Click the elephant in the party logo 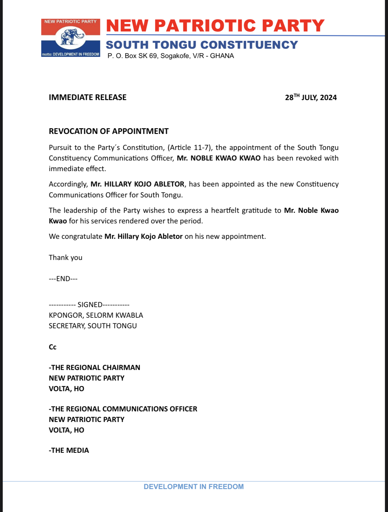(71, 37)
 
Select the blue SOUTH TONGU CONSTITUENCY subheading (202, 45)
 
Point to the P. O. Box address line (171, 56)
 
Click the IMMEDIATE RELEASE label (88, 97)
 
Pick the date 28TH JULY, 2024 (311, 97)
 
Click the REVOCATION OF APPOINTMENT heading (109, 131)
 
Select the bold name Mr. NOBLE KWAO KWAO (218, 158)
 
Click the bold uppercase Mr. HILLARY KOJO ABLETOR (137, 184)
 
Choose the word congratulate (82, 236)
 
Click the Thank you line (66, 258)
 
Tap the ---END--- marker (63, 279)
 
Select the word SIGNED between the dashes (90, 305)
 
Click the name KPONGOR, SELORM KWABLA (96, 315)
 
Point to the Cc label (53, 347)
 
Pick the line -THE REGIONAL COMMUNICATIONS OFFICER (123, 409)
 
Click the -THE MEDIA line (69, 450)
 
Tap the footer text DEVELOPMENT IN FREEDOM (194, 487)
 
